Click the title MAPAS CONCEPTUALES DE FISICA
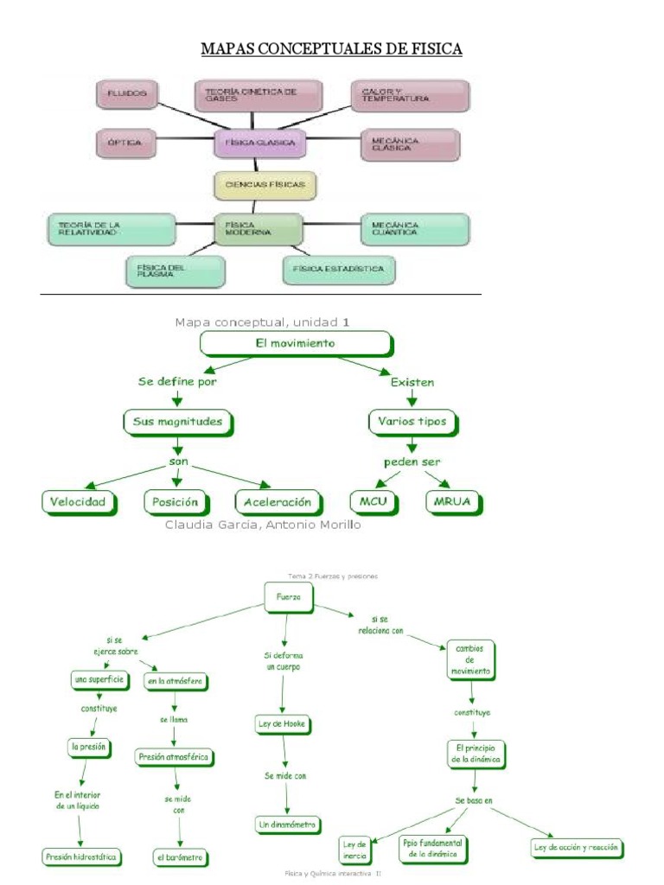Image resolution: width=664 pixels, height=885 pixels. pyautogui.click(x=332, y=49)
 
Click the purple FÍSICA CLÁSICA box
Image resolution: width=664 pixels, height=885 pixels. pyautogui.click(x=259, y=143)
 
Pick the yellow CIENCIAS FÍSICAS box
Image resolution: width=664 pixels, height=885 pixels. pyautogui.click(x=265, y=185)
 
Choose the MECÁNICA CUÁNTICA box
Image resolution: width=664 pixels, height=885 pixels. pyautogui.click(x=415, y=229)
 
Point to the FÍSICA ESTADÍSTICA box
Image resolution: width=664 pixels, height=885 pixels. pyautogui.click(x=339, y=270)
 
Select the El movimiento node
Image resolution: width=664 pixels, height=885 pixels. pyautogui.click(x=297, y=344)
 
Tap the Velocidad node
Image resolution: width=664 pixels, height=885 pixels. pyautogui.click(x=78, y=502)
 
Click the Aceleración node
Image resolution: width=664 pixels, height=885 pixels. pyautogui.click(x=278, y=502)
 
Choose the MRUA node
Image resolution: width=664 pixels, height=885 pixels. pyautogui.click(x=454, y=502)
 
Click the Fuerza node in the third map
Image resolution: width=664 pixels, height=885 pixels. pyautogui.click(x=287, y=596)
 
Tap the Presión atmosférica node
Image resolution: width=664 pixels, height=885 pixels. pyautogui.click(x=174, y=756)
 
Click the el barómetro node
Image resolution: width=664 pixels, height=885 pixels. pyautogui.click(x=181, y=858)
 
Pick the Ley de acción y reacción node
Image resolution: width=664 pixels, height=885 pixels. pyautogui.click(x=576, y=848)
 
